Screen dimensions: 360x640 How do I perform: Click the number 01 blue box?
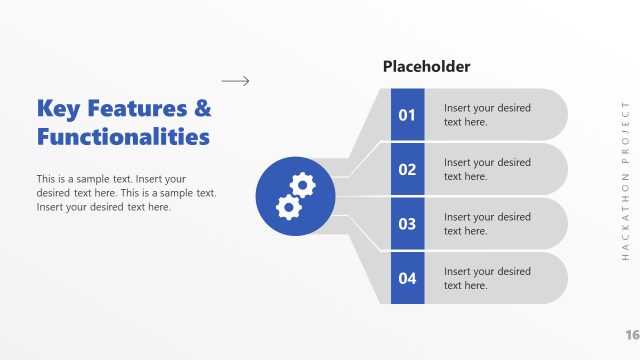[x=407, y=115]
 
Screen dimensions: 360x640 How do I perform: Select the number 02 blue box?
[x=407, y=169]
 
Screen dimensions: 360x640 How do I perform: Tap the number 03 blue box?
[x=407, y=224]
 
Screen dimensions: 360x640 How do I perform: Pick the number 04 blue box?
[x=407, y=278]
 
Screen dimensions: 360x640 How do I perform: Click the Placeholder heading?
[x=426, y=67]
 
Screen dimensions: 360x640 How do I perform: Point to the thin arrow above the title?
[x=235, y=81]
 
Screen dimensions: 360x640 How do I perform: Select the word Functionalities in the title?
[x=123, y=136]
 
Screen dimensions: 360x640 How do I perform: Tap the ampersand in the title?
[x=202, y=108]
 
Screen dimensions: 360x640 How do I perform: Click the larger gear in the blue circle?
[x=301, y=182]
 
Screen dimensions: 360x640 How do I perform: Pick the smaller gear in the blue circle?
[x=288, y=206]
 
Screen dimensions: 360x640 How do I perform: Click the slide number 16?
[x=631, y=334]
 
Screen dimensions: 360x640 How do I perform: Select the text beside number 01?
[x=487, y=115]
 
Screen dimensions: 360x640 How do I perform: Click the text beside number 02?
[x=487, y=169]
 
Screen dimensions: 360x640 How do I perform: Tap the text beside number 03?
[x=487, y=224]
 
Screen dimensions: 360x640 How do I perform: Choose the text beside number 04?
[x=487, y=278]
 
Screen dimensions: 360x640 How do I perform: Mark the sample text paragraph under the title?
[x=126, y=193]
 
